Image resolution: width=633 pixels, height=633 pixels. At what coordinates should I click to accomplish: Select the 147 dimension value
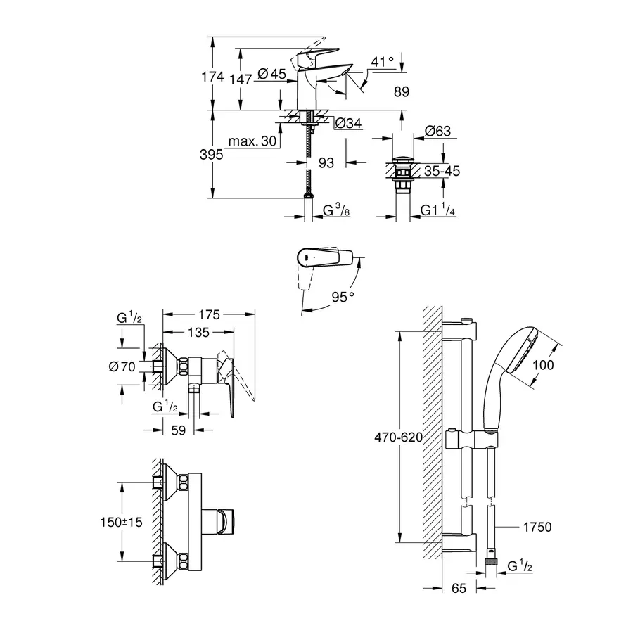coord(240,79)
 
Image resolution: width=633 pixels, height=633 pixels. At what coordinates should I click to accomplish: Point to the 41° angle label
coord(383,62)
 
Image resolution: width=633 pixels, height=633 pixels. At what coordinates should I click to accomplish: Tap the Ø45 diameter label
coord(271,73)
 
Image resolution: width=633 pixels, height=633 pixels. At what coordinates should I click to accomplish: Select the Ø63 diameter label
coord(437,131)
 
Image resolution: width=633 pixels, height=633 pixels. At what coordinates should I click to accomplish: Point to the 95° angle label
coord(343,297)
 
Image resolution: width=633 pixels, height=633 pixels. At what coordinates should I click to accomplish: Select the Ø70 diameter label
coord(122,366)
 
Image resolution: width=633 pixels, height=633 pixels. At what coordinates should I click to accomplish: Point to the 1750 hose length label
coord(536,527)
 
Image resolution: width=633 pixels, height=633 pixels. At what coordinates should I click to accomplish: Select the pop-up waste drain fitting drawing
coord(402,174)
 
